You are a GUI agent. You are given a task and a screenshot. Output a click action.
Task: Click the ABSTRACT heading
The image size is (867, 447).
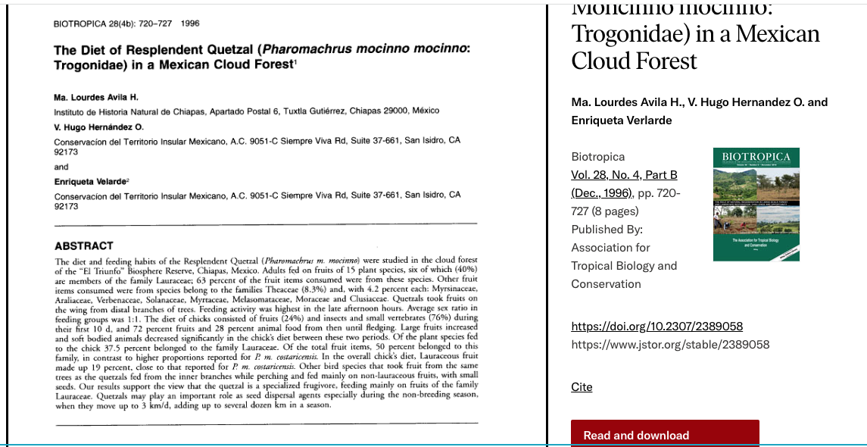(x=83, y=246)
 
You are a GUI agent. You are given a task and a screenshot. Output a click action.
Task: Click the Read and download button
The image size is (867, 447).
(x=636, y=435)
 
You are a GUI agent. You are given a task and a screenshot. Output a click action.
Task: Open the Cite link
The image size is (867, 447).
(x=582, y=387)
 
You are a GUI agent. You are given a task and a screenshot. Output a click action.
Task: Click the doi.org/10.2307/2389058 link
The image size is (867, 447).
(x=656, y=327)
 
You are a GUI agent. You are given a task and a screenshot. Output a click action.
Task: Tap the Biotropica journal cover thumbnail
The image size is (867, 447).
(x=756, y=205)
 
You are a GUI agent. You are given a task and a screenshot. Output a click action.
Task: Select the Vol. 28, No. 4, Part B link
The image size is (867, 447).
(x=624, y=175)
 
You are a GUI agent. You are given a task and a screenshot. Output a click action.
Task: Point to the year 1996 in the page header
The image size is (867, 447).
(x=190, y=23)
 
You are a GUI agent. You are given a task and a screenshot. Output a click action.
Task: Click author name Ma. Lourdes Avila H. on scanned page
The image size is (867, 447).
(x=96, y=97)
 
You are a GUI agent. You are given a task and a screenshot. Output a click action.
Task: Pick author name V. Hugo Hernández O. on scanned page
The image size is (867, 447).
(x=98, y=127)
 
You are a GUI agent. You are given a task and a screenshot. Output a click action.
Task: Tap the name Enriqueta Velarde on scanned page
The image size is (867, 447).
(x=89, y=182)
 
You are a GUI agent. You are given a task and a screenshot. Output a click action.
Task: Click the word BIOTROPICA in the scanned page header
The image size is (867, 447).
(x=80, y=23)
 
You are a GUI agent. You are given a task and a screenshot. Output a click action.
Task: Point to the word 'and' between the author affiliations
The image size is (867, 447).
(x=61, y=167)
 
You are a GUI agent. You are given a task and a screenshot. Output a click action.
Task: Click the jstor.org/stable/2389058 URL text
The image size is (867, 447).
(x=670, y=345)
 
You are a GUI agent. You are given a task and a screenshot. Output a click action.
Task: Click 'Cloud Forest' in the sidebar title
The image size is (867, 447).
(x=634, y=61)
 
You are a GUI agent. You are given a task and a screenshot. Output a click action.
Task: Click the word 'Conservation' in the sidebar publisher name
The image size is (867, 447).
(x=606, y=284)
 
